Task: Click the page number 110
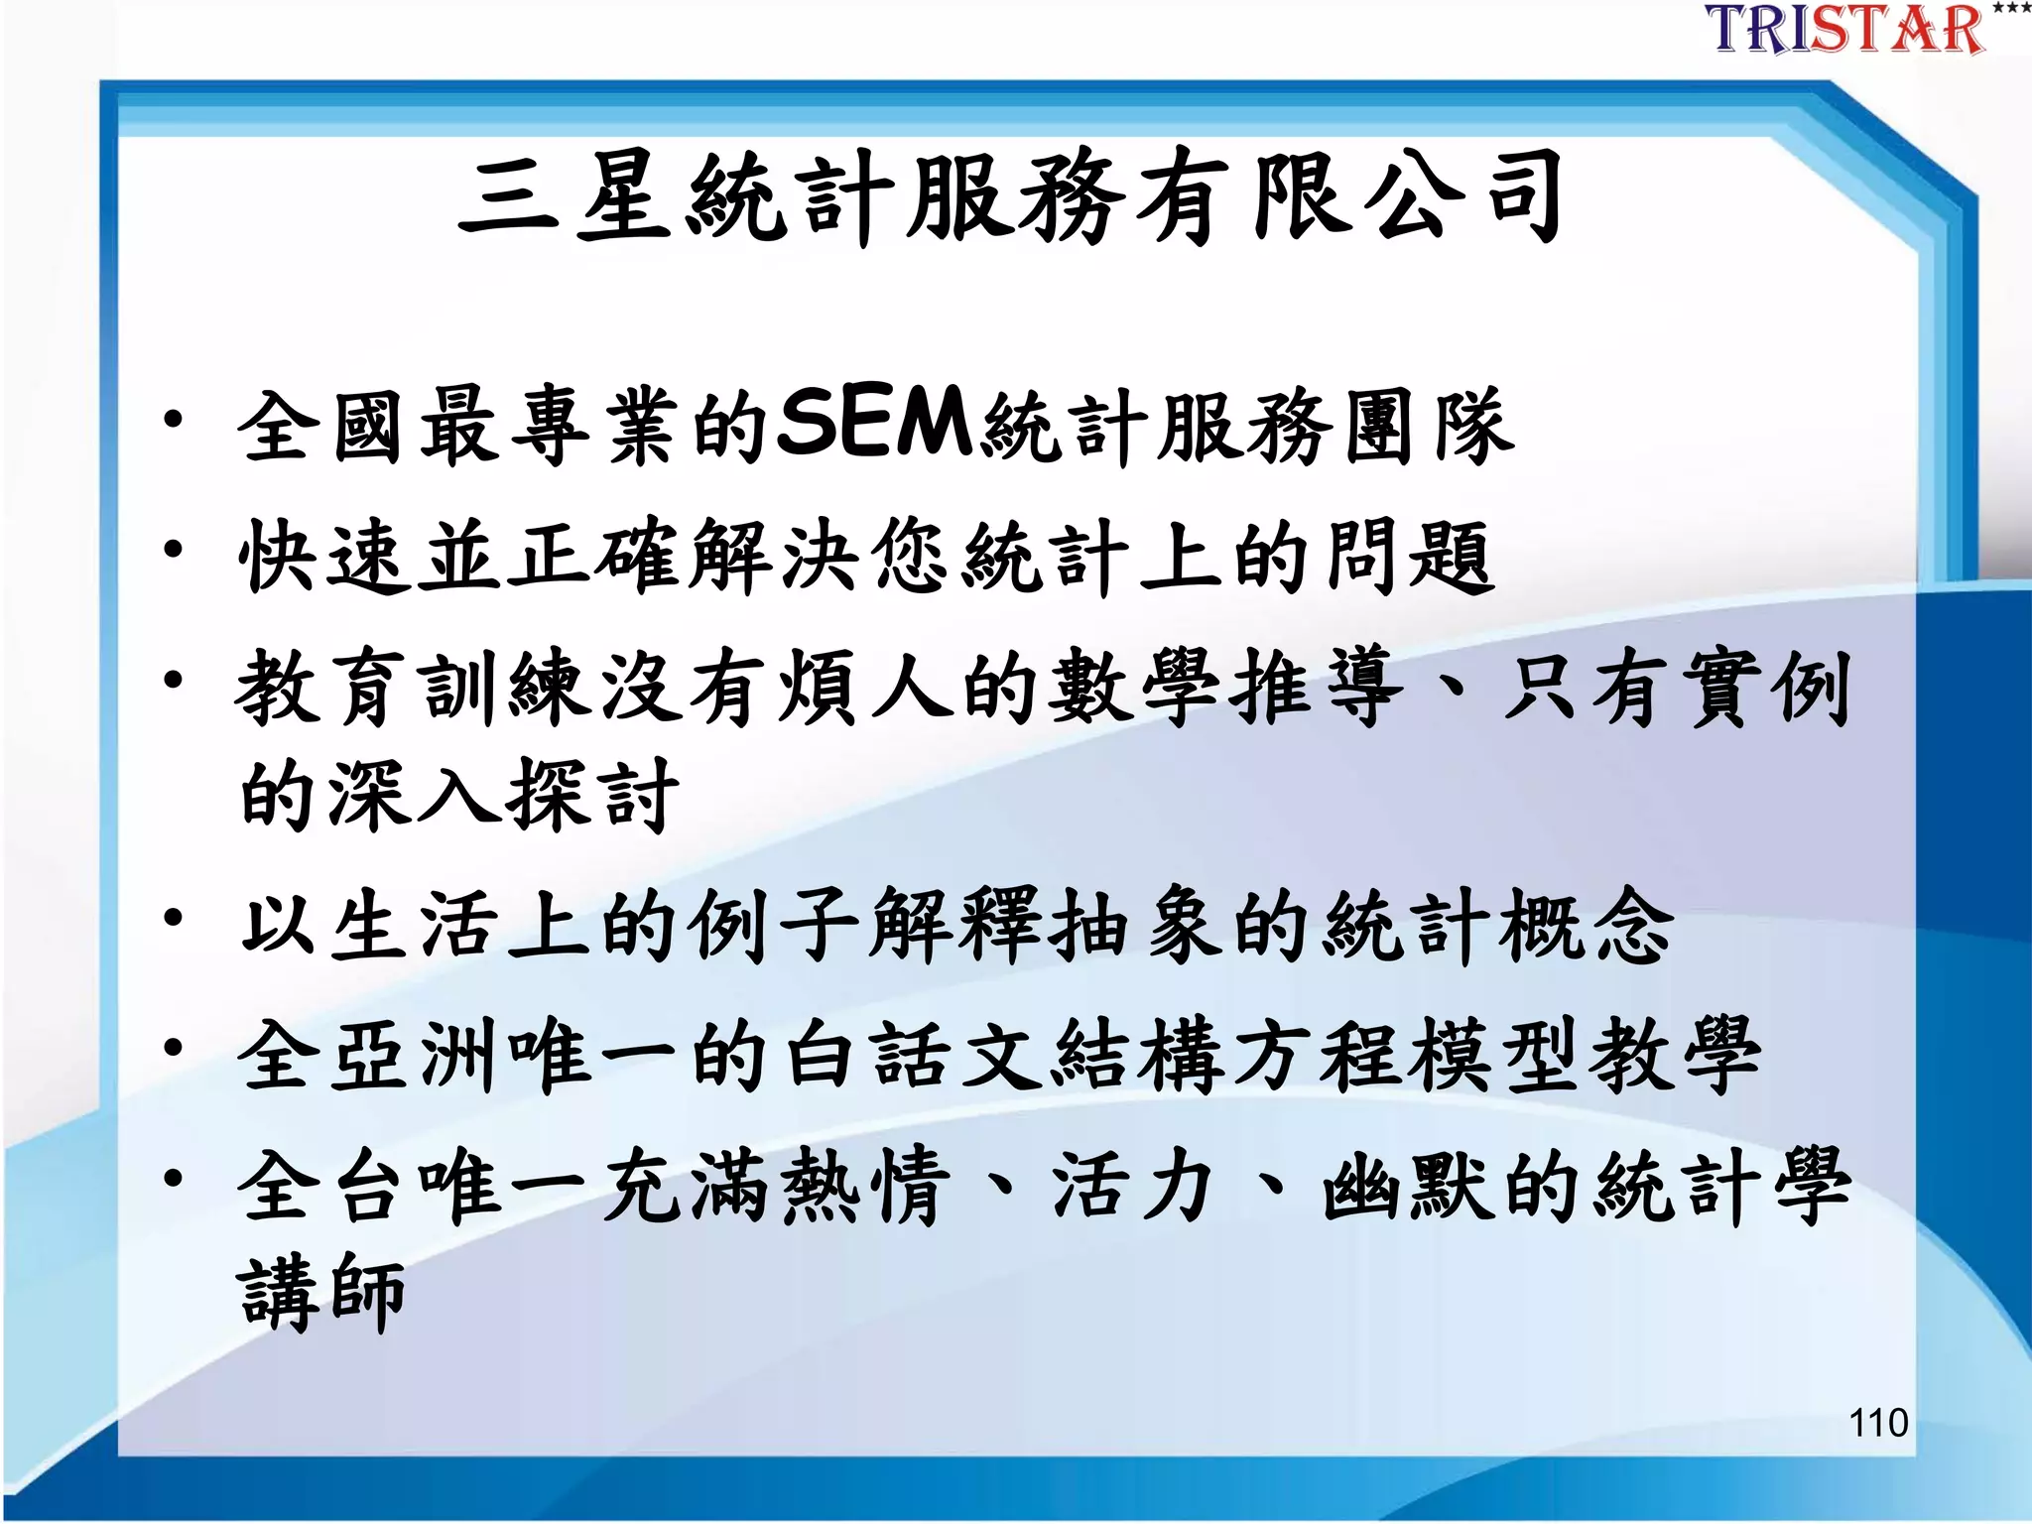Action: (x=1878, y=1423)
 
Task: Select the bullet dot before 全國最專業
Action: (x=174, y=420)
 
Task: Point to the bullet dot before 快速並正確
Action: (x=174, y=549)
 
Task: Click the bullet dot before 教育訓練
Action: (x=174, y=680)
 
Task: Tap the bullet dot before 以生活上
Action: (x=174, y=918)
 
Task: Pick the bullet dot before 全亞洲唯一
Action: (x=174, y=1047)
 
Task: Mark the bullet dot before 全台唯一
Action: (x=174, y=1178)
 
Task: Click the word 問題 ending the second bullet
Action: (x=1409, y=557)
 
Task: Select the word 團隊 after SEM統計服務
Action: (x=1429, y=427)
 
